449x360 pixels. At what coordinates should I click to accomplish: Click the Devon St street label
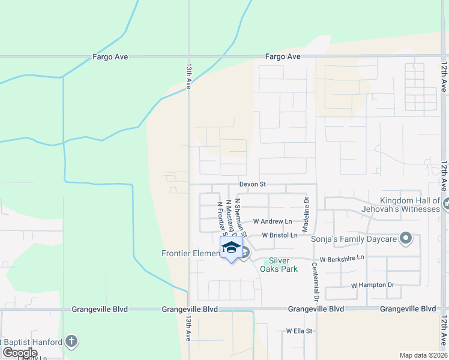tap(252, 184)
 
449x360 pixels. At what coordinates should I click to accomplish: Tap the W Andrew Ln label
tap(273, 221)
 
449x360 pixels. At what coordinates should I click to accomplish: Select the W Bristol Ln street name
tap(280, 236)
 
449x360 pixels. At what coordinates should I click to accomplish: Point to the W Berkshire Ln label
tap(342, 259)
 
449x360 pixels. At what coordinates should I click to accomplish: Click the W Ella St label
tap(300, 331)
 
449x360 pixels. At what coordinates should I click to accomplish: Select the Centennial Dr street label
tap(315, 281)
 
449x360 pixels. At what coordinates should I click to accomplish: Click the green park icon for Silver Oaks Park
tap(267, 262)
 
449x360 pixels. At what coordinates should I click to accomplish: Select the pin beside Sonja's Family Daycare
tap(406, 239)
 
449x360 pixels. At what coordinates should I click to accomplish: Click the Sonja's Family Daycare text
tap(355, 239)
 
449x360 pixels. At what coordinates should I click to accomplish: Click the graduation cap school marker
tap(231, 248)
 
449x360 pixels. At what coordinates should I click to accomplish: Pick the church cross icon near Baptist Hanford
tap(71, 342)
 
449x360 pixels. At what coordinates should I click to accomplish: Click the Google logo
tap(20, 353)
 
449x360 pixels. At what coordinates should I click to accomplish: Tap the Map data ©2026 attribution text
tap(423, 355)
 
